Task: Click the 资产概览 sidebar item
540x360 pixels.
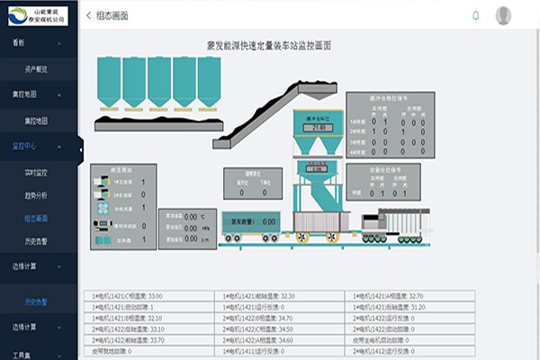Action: [x=35, y=68]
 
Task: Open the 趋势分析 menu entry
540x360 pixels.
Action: [x=35, y=194]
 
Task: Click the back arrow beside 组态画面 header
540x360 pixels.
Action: [x=88, y=15]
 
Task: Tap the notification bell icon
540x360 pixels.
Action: [x=476, y=15]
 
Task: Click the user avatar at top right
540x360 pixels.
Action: [x=503, y=15]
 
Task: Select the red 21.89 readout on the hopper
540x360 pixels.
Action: [x=316, y=128]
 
